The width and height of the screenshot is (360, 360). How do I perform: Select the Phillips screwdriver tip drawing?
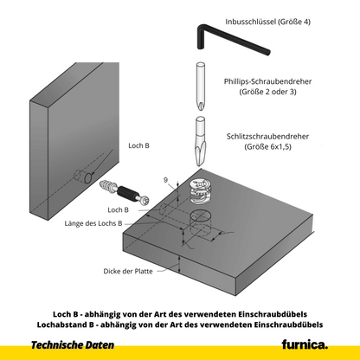pos(199,87)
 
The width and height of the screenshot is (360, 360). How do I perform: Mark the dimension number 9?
pos(164,179)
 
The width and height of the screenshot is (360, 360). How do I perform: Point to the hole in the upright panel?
pos(87,178)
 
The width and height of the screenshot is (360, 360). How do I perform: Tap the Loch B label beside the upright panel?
pos(138,147)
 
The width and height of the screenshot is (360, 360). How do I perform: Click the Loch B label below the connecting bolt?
pos(118,210)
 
